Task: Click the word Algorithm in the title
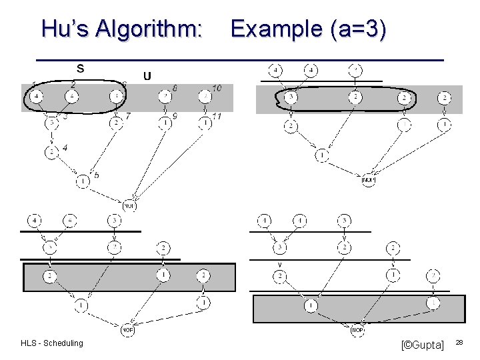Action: click(149, 29)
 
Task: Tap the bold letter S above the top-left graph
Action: click(80, 67)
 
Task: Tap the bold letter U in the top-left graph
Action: click(147, 75)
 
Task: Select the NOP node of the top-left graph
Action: click(130, 205)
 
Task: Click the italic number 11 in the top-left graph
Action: click(217, 117)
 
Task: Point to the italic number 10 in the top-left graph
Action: click(217, 88)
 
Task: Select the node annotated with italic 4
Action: click(52, 151)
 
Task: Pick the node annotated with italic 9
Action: click(165, 123)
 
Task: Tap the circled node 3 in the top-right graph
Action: click(291, 97)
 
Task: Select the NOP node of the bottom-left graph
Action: click(129, 329)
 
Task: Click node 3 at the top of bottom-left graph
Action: click(115, 220)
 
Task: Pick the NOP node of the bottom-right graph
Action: click(357, 329)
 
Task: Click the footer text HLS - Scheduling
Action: click(52, 343)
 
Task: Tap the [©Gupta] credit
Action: click(422, 345)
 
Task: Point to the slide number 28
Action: click(459, 342)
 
